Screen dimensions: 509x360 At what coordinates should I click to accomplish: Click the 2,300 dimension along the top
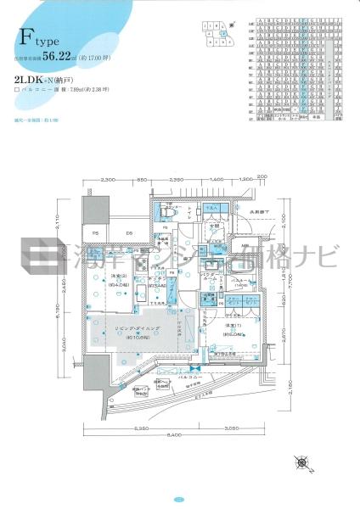coord(108,181)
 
